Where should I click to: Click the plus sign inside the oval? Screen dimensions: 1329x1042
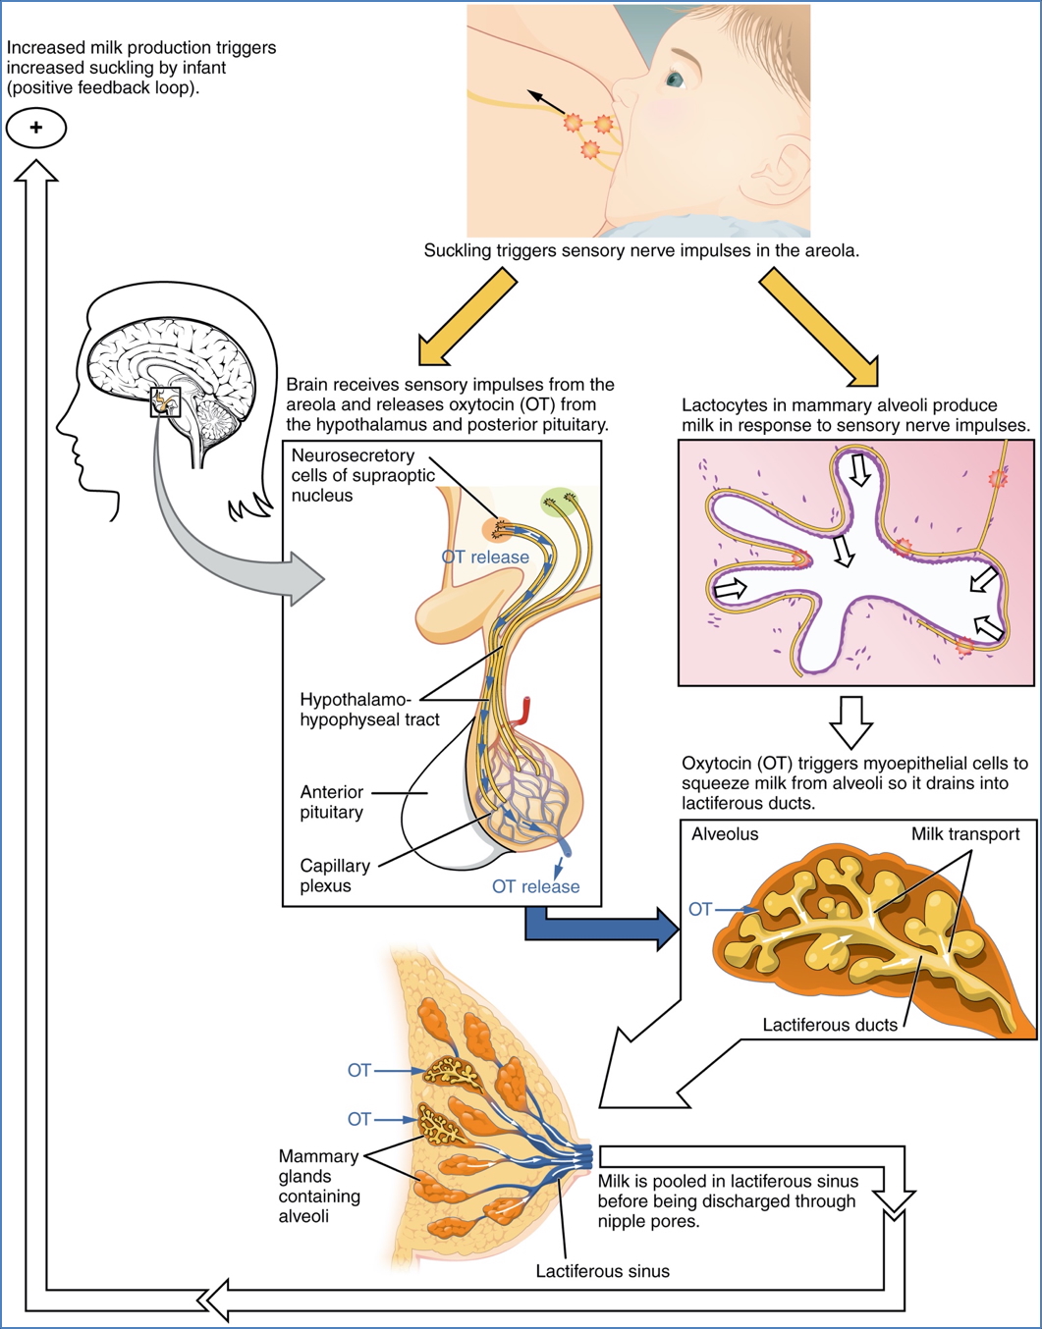coord(36,128)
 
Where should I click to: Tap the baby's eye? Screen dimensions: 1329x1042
coord(676,78)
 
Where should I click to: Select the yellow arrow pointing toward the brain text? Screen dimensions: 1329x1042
coord(466,318)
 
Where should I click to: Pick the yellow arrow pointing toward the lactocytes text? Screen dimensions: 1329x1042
coord(819,328)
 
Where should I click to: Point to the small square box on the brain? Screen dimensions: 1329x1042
coord(165,401)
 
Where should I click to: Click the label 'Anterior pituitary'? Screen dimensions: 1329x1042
coord(332,802)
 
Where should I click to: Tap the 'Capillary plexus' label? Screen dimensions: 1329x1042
coord(335,876)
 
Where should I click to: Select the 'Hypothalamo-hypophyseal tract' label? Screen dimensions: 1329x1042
coord(369,710)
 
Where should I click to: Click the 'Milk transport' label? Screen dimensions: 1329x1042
coord(964,834)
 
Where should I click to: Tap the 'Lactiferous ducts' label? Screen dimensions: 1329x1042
coord(830,1025)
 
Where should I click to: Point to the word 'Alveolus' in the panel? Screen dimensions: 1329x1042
coord(725,834)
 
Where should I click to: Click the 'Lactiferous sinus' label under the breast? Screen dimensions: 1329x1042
coord(602,1271)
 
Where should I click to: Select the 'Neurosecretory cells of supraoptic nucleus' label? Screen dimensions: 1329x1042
coord(362,475)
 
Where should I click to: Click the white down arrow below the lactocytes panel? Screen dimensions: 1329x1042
coord(850,721)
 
